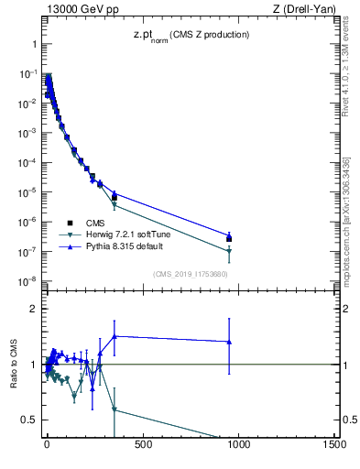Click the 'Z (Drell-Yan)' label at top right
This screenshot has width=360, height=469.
(x=304, y=9)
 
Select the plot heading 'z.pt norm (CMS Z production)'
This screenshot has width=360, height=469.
(x=188, y=36)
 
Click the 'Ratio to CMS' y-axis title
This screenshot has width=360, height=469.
(x=14, y=364)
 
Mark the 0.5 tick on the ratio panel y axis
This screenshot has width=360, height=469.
(x=28, y=420)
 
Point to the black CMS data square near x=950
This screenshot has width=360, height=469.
(x=229, y=239)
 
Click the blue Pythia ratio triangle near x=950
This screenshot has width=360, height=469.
(x=229, y=342)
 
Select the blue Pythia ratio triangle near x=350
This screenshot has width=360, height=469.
(x=115, y=336)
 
